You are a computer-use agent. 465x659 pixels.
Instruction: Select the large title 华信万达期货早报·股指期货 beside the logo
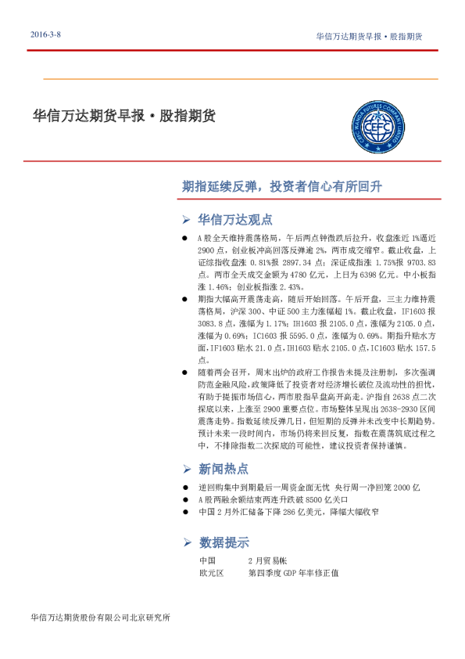click(123, 117)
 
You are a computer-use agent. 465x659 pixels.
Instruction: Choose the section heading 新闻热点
click(224, 469)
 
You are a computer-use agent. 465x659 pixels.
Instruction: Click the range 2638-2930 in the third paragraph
click(381, 408)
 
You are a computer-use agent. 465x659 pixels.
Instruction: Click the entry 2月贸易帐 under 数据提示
click(267, 561)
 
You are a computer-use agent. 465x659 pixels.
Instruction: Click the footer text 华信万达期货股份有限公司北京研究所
click(98, 618)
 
